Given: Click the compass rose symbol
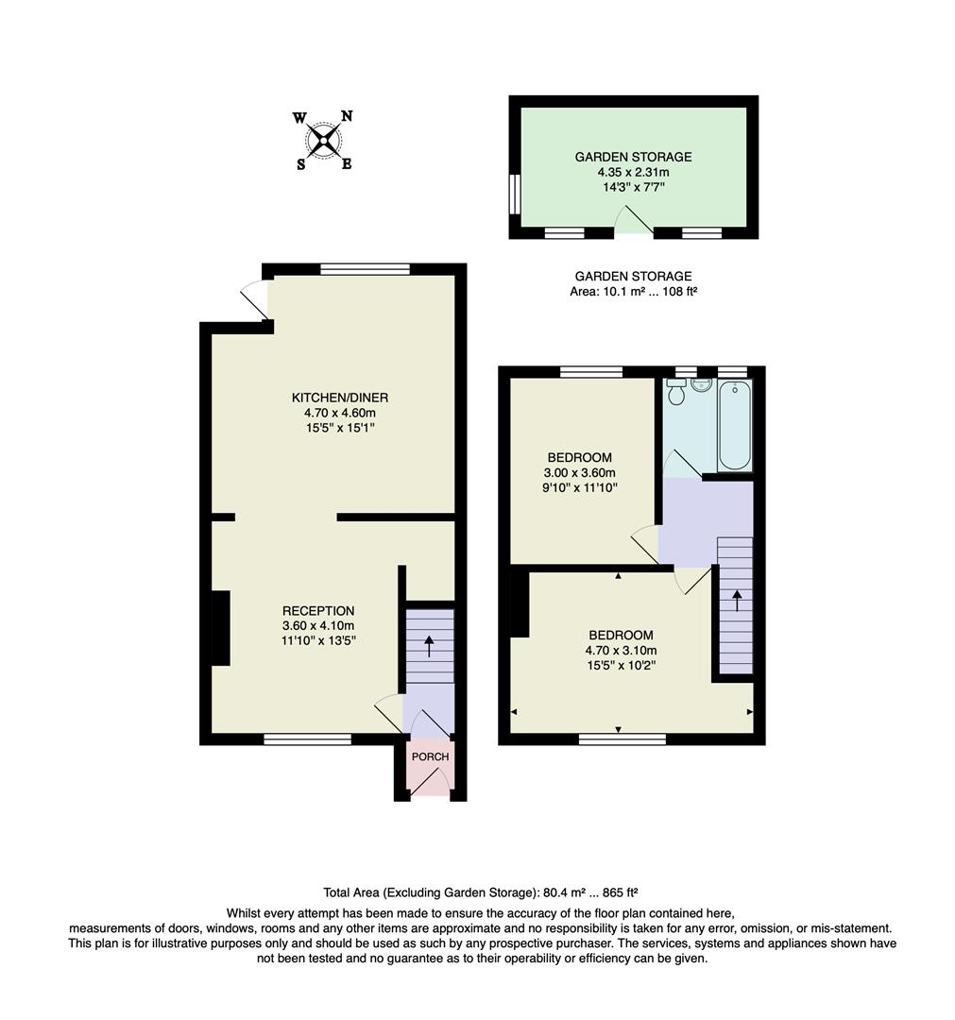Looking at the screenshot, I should (x=323, y=141).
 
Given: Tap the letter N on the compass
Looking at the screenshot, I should (x=347, y=116).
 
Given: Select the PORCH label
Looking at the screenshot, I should (x=430, y=756).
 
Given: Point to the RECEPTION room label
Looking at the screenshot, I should (x=318, y=611).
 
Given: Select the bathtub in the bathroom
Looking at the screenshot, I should (x=734, y=424).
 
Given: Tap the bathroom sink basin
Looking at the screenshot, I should (x=701, y=384).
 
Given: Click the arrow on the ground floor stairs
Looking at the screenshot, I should (x=430, y=646).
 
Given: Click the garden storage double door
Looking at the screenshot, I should (x=633, y=223).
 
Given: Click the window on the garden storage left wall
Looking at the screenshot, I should (x=515, y=195).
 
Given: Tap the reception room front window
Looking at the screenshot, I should (x=308, y=739).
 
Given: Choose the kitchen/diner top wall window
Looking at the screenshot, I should (x=365, y=269).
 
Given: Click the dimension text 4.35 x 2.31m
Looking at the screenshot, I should (x=633, y=173).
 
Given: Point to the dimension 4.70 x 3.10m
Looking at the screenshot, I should (x=621, y=650).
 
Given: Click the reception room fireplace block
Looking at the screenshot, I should (x=220, y=628).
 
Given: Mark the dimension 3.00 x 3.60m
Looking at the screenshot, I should (x=580, y=473).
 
